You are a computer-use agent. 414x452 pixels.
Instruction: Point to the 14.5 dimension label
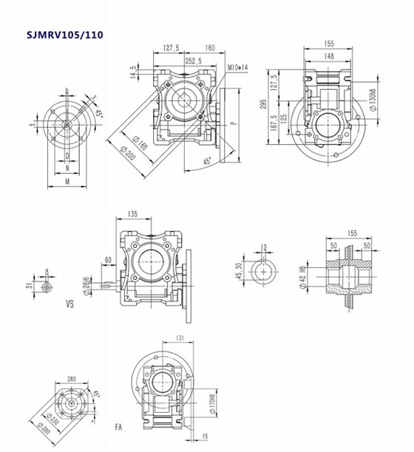(x=133, y=72)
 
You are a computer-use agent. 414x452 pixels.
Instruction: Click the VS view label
(x=71, y=303)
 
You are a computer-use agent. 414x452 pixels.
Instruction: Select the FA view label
(x=119, y=427)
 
